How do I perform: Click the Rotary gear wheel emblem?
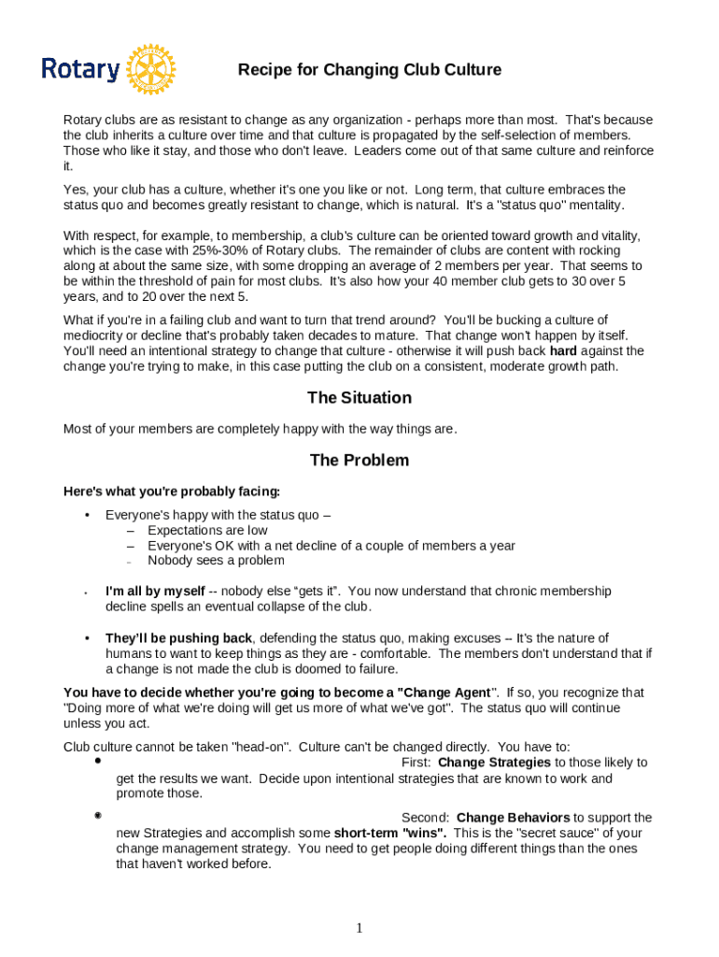[x=151, y=69]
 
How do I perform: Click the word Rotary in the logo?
[x=80, y=70]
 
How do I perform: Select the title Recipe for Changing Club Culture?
[x=369, y=70]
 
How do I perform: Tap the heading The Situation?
[x=359, y=398]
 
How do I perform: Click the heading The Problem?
[x=359, y=461]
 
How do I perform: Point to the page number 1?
[x=359, y=928]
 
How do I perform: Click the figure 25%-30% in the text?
[x=246, y=250]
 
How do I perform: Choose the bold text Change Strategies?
[x=494, y=763]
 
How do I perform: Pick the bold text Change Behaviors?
[x=513, y=818]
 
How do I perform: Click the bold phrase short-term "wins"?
[x=390, y=833]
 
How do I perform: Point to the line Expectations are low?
[x=207, y=530]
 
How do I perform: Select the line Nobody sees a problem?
[x=216, y=561]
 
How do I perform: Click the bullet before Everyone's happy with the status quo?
[x=87, y=515]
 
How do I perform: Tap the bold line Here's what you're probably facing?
[x=171, y=492]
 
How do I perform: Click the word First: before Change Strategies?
[x=416, y=763]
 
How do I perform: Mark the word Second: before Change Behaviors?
[x=426, y=818]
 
